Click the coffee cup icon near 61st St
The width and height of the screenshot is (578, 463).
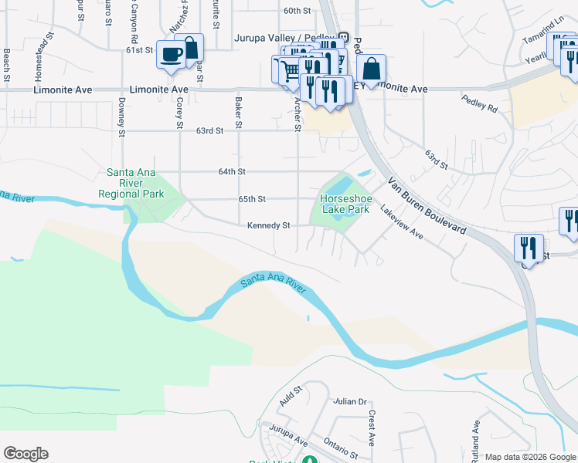click(x=170, y=54)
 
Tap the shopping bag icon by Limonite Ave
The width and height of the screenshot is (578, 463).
click(x=371, y=69)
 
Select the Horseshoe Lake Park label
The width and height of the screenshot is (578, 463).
click(x=345, y=204)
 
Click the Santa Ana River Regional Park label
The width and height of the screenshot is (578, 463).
click(x=131, y=184)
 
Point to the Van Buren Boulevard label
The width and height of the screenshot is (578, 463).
click(x=427, y=206)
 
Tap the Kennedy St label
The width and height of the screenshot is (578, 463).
click(x=268, y=225)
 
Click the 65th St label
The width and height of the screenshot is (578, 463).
click(x=252, y=198)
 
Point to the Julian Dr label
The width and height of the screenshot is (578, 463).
click(x=349, y=402)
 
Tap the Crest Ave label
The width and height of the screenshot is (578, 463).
click(x=371, y=428)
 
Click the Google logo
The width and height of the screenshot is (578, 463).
click(x=25, y=454)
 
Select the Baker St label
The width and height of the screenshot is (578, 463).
click(x=239, y=114)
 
